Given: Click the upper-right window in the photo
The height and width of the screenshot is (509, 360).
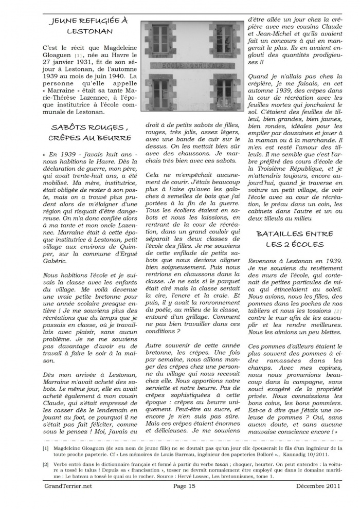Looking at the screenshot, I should point(224,41).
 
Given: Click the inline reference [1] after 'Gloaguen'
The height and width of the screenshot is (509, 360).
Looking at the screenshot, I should point(78,55).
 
